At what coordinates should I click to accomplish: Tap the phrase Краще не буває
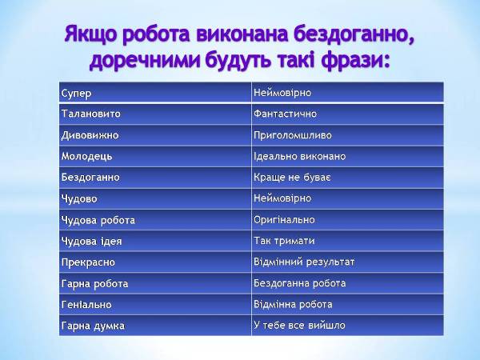click(x=292, y=178)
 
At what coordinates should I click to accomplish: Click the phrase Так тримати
click(x=284, y=241)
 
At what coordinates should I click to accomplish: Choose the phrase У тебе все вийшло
click(x=299, y=326)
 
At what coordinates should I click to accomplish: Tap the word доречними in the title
click(x=145, y=60)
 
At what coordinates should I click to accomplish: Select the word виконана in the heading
click(x=242, y=34)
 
